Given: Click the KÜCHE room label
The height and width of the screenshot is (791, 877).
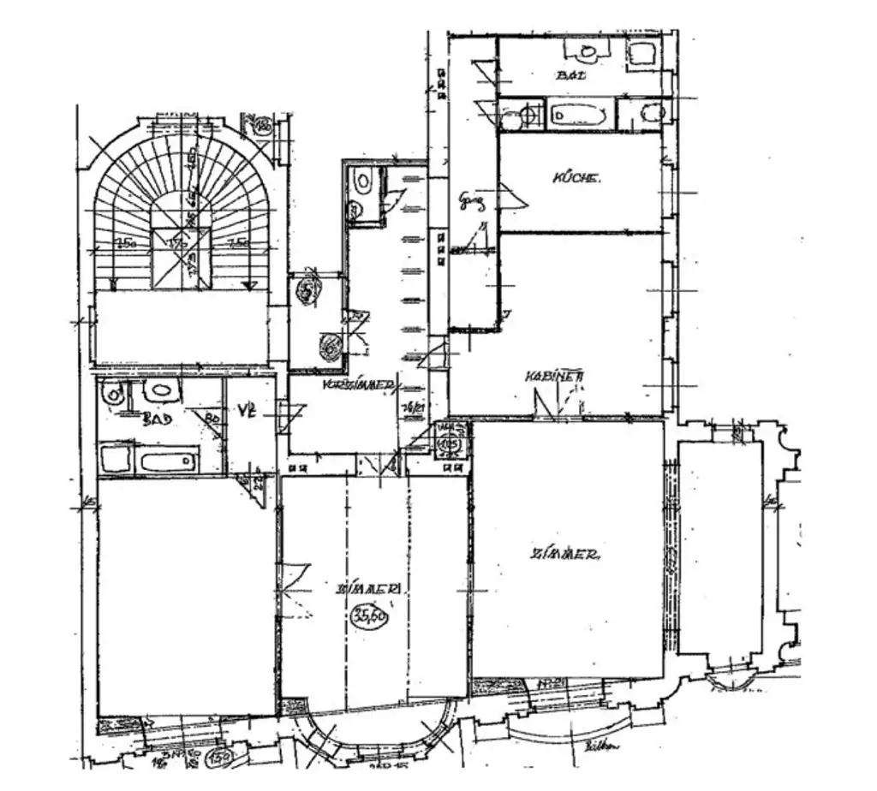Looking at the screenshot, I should coord(576,179).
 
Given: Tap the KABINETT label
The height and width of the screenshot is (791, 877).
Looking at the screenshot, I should coord(555,377).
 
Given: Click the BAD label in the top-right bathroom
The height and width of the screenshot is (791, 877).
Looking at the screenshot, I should coord(571,75).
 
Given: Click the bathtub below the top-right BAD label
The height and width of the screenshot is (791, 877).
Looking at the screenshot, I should coord(579,115).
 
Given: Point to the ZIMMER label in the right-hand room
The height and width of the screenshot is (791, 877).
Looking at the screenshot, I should coord(564,555).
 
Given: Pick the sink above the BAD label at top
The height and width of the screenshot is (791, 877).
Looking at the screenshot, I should coord(587,53).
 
